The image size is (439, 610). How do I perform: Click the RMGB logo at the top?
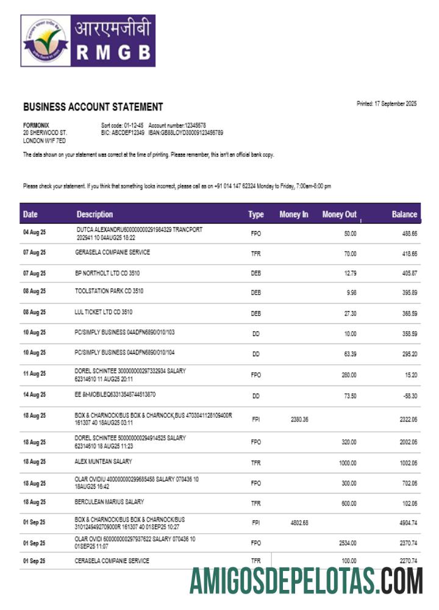(x=88, y=41)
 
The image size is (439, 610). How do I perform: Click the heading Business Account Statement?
(x=93, y=107)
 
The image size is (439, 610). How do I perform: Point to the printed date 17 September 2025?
(x=387, y=104)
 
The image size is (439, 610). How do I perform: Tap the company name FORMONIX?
(x=36, y=125)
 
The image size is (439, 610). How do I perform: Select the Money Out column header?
(x=339, y=214)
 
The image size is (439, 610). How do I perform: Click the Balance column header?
(x=404, y=214)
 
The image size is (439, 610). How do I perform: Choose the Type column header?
(x=255, y=214)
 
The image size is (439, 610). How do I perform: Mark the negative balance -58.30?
(x=408, y=396)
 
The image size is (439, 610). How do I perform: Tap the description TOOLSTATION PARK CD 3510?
(x=109, y=292)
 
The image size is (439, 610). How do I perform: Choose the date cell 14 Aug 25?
(x=34, y=395)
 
